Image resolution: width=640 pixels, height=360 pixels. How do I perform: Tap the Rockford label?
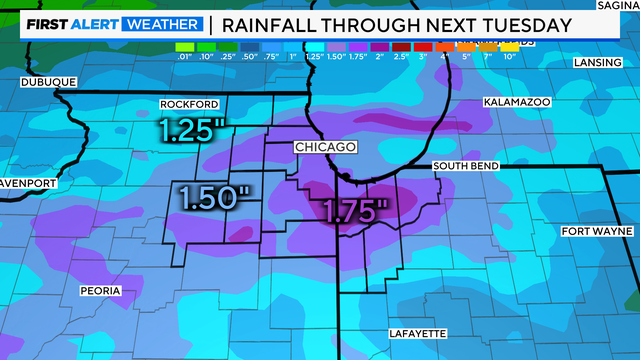click(x=190, y=105)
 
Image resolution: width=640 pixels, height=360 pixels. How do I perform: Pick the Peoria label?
click(x=101, y=291)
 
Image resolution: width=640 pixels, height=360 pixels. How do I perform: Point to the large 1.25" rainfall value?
click(x=193, y=131)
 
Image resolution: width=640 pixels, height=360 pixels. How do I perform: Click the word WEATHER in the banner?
click(x=159, y=23)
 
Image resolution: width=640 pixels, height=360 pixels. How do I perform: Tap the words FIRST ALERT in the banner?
click(x=70, y=23)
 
